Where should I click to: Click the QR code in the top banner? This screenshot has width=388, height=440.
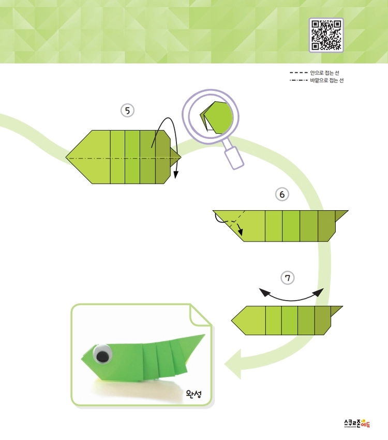pos(326,35)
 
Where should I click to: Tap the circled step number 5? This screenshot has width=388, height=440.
pos(127,111)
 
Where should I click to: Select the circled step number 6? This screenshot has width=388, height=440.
pos(282,194)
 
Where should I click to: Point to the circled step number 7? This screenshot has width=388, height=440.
pos(287,278)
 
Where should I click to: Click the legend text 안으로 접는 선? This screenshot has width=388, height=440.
pos(324,73)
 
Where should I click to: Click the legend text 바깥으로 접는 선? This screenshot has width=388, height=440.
pos(327,81)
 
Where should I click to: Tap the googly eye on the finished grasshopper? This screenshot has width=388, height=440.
pos(102,354)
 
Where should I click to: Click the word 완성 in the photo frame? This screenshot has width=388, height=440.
pos(193,394)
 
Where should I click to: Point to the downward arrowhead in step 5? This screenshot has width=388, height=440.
pos(176,175)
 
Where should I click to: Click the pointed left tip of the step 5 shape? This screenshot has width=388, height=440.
pos(66,157)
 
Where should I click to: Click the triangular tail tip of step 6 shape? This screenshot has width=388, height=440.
pos(348,211)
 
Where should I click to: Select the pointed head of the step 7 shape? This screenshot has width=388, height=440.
pos(232,320)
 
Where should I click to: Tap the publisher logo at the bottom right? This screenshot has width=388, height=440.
pos(357,423)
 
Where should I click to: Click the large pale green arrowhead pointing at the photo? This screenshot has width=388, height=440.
pos(233,364)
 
